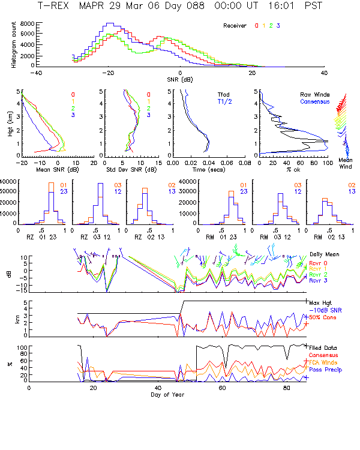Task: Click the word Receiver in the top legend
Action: [x=235, y=26]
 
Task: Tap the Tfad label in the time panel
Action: [x=223, y=94]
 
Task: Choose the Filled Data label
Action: [x=323, y=347]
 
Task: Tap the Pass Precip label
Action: [x=323, y=370]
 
